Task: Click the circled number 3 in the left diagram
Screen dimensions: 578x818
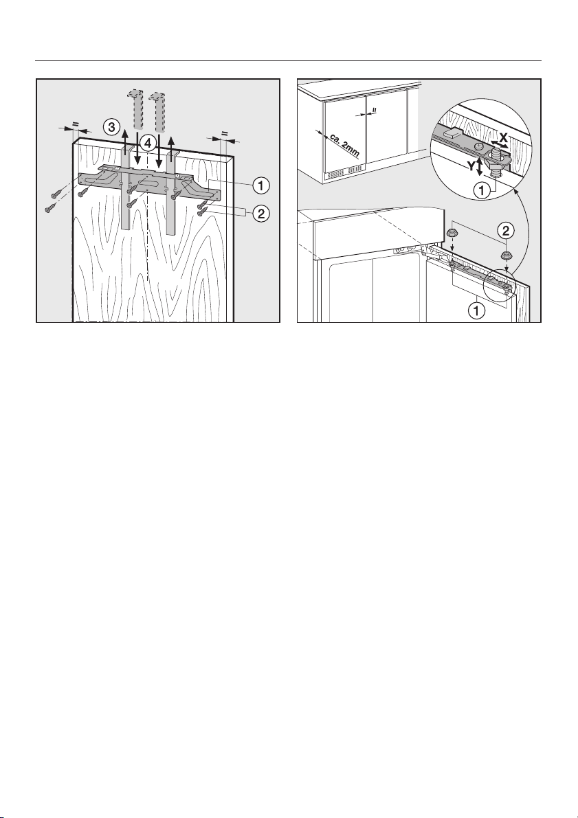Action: click(x=110, y=126)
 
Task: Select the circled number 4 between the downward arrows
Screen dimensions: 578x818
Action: click(x=148, y=141)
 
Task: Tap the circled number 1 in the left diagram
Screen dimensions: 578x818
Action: click(x=261, y=184)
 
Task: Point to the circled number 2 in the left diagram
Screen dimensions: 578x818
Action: click(x=261, y=214)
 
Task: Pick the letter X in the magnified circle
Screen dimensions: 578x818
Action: click(x=503, y=138)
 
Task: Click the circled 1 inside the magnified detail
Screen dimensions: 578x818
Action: click(x=482, y=192)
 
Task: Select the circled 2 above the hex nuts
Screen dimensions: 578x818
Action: click(x=505, y=229)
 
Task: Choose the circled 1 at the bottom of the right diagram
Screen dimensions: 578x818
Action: click(x=476, y=311)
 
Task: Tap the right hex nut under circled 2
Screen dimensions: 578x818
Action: click(x=505, y=255)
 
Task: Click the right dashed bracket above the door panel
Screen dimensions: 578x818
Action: click(x=156, y=109)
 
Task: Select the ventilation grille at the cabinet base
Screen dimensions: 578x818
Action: click(x=344, y=172)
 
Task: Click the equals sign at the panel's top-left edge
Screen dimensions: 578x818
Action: click(x=75, y=124)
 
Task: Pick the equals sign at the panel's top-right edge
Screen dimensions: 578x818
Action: click(x=225, y=133)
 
